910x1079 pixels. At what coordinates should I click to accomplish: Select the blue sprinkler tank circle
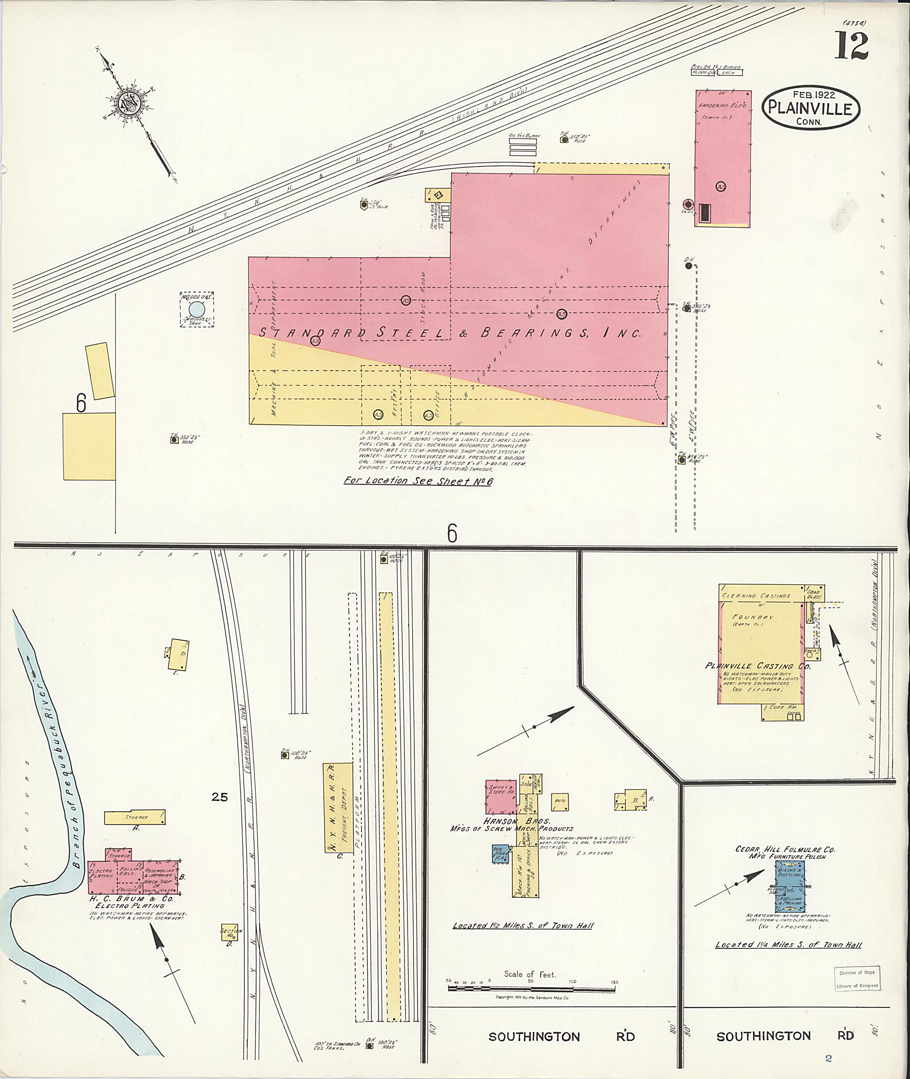196,310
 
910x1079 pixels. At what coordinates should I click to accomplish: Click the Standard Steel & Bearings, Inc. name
449,333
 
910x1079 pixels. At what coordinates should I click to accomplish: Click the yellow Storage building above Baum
135,817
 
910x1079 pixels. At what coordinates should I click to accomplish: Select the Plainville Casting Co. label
757,666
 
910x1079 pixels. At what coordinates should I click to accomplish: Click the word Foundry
753,617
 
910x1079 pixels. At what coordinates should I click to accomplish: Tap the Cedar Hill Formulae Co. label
785,849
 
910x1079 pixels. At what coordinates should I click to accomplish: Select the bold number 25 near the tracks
219,797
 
